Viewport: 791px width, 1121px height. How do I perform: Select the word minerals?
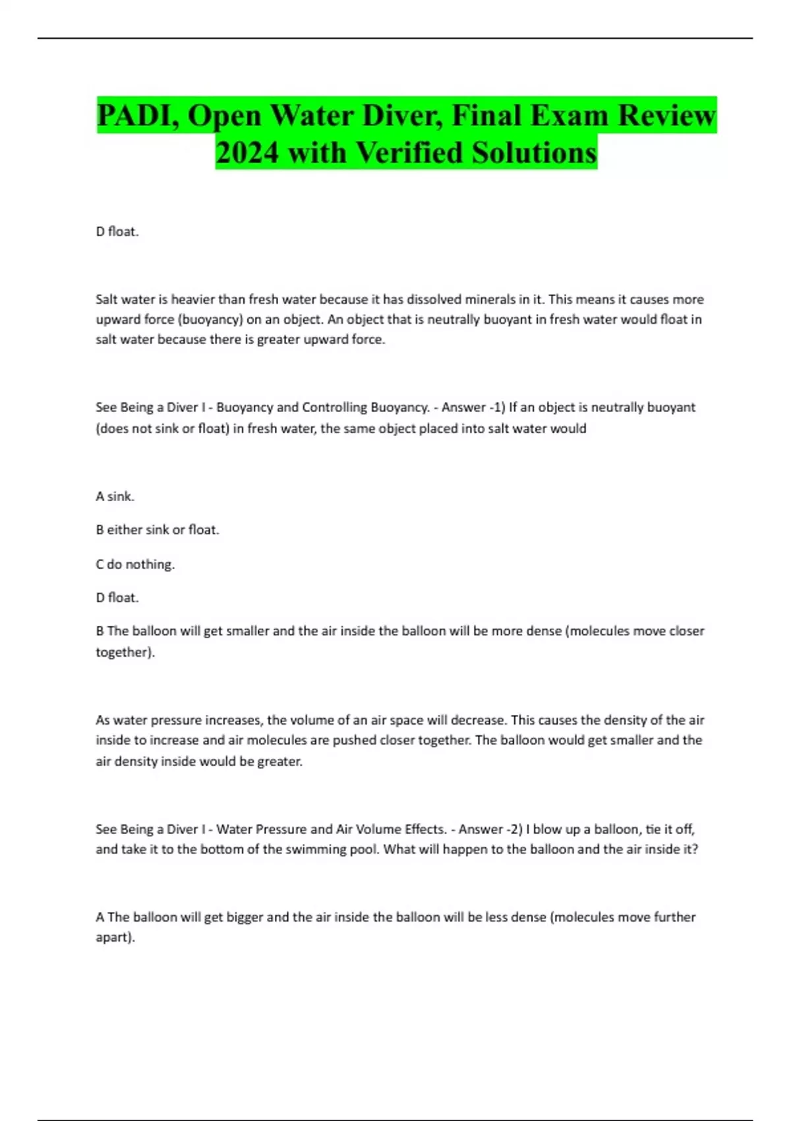(490, 299)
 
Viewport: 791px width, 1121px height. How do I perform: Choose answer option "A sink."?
(115, 497)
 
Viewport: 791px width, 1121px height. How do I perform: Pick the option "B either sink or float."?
(158, 530)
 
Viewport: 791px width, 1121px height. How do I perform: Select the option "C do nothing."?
(135, 564)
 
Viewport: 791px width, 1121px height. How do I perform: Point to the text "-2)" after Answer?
(513, 830)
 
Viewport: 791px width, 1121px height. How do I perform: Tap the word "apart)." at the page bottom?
(115, 938)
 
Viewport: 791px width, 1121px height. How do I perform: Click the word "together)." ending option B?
(125, 652)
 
